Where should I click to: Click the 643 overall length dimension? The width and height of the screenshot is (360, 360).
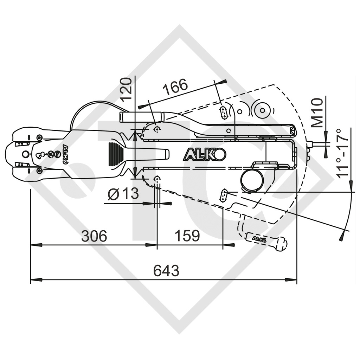(x=166, y=271)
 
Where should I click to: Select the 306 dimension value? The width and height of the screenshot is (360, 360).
(x=94, y=236)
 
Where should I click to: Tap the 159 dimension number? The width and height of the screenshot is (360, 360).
(x=187, y=236)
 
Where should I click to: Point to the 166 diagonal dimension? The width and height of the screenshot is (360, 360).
(x=175, y=86)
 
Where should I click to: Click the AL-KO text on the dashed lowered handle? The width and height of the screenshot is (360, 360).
(x=259, y=239)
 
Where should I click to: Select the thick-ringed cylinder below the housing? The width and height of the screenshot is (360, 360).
(x=252, y=181)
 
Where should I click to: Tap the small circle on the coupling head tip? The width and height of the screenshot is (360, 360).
(x=26, y=154)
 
